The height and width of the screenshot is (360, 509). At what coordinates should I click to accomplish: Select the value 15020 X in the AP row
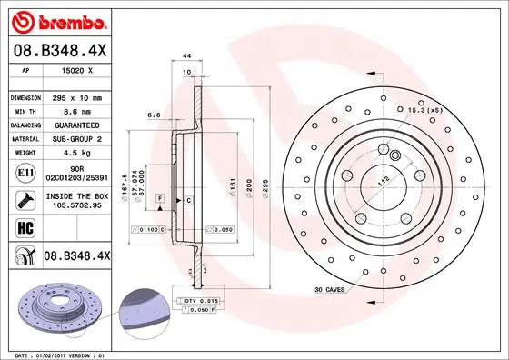[76, 70]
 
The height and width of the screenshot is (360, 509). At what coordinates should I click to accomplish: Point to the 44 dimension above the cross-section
[186, 56]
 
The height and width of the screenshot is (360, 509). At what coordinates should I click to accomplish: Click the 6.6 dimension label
[154, 115]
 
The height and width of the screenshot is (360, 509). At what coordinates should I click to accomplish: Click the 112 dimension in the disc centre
[384, 178]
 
